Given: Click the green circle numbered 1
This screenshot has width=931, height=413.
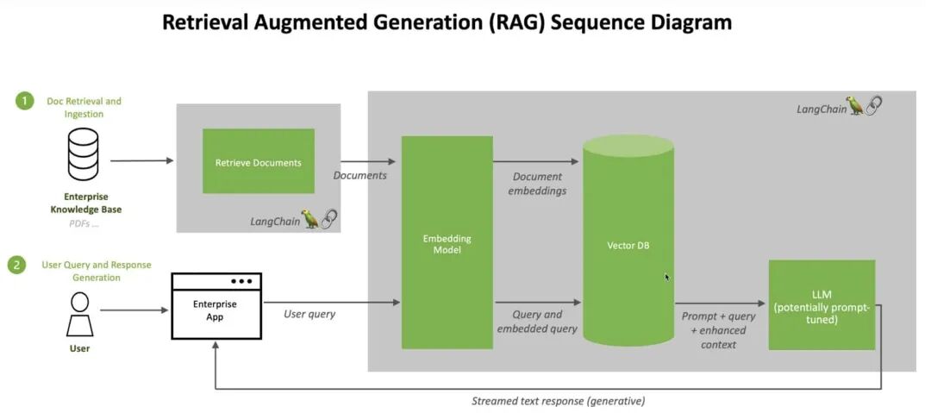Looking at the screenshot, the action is pyautogui.click(x=24, y=101).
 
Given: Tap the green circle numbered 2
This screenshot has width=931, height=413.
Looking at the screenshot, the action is pyautogui.click(x=16, y=265).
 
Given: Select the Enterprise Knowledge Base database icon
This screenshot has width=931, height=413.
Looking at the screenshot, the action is pyautogui.click(x=83, y=153).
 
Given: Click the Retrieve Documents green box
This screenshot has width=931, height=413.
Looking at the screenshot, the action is pyautogui.click(x=259, y=161).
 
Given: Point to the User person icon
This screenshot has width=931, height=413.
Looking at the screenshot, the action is pyautogui.click(x=79, y=315).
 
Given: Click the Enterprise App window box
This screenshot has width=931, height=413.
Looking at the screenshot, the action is pyautogui.click(x=216, y=306).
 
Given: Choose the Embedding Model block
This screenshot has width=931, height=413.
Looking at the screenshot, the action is pyautogui.click(x=447, y=242).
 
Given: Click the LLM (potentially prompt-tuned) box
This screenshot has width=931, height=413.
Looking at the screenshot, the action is pyautogui.click(x=822, y=305).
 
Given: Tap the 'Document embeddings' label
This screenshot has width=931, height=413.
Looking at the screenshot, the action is pyautogui.click(x=537, y=184).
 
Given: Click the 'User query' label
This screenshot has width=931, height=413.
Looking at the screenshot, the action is pyautogui.click(x=309, y=315).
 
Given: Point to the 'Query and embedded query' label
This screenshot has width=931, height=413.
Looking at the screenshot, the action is pyautogui.click(x=537, y=322).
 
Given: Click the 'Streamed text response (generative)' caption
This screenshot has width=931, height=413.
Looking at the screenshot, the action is pyautogui.click(x=558, y=401).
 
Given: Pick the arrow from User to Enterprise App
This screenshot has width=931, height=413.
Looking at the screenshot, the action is pyautogui.click(x=134, y=310).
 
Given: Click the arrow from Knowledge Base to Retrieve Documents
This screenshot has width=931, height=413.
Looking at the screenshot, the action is pyautogui.click(x=142, y=160).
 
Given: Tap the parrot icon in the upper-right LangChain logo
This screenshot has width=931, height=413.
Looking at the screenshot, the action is pyautogui.click(x=855, y=105).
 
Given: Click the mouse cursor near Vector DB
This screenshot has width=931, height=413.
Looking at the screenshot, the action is pyautogui.click(x=667, y=277).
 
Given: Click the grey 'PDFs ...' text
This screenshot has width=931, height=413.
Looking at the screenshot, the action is pyautogui.click(x=83, y=224).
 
